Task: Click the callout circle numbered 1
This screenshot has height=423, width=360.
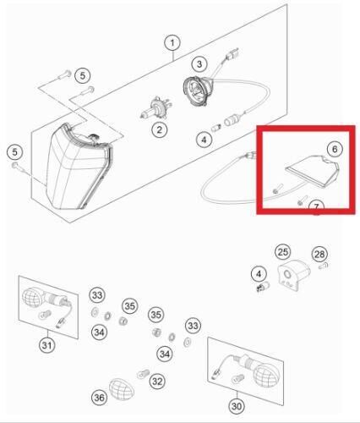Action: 172,43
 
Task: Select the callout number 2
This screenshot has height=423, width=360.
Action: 159,129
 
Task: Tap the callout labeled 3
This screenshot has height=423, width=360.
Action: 199,64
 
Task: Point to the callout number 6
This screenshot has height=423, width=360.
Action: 335,149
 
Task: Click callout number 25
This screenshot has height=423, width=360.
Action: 283,251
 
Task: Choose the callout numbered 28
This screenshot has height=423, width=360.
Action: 319,255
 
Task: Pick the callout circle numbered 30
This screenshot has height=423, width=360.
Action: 237,406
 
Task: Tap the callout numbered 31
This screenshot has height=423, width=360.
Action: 47,345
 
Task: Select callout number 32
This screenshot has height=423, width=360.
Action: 157,382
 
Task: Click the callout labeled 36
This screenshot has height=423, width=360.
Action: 99,398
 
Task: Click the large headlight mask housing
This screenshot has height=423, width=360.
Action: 78,167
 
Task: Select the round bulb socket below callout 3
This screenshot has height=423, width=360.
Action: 197,91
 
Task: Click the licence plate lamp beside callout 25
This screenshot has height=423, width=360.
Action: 293,275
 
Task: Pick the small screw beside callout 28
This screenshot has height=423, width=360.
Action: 324,266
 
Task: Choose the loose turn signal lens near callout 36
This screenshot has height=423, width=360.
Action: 121,388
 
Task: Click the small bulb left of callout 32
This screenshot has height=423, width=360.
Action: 143,374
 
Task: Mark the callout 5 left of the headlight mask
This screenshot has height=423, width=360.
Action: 14,152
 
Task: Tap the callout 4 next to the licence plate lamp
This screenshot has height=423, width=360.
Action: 259,274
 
